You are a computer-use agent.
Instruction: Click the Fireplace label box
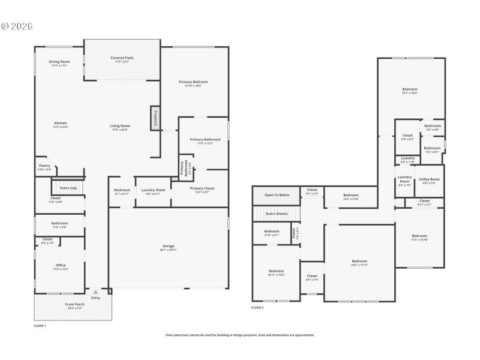tap(155, 118)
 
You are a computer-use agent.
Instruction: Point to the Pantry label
tap(44, 167)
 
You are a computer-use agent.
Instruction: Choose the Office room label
tap(61, 266)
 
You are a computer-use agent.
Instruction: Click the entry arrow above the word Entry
tap(95, 292)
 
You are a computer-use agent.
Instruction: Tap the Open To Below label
tap(277, 195)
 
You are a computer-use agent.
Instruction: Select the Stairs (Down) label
tap(277, 214)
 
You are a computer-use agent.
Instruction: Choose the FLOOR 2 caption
tap(257, 307)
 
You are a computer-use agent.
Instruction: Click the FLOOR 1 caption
tap(40, 325)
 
